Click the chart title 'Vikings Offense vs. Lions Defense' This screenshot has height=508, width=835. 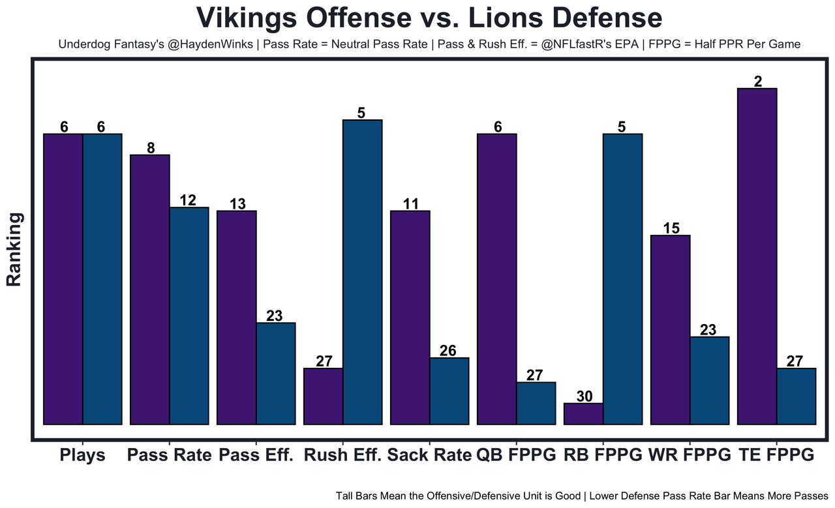(429, 18)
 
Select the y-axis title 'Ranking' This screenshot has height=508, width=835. (14, 249)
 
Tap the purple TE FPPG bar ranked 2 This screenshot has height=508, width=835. (757, 256)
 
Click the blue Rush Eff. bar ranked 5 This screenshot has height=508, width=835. (363, 272)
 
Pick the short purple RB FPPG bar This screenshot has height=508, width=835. (583, 413)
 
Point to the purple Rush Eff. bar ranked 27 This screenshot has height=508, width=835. (324, 396)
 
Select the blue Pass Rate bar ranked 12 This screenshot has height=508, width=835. (189, 316)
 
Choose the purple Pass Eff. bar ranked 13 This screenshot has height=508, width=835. (237, 318)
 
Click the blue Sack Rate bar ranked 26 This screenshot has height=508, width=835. (449, 391)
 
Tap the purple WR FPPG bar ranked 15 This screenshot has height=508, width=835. (670, 329)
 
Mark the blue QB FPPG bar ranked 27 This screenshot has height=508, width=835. (536, 403)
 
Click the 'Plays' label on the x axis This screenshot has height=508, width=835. (82, 455)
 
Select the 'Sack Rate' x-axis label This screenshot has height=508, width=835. (429, 455)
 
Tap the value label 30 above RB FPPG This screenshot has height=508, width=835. (584, 396)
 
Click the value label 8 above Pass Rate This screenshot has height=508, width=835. (151, 147)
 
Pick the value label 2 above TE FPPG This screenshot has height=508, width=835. (758, 81)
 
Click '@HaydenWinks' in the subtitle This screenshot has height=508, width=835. (216, 45)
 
